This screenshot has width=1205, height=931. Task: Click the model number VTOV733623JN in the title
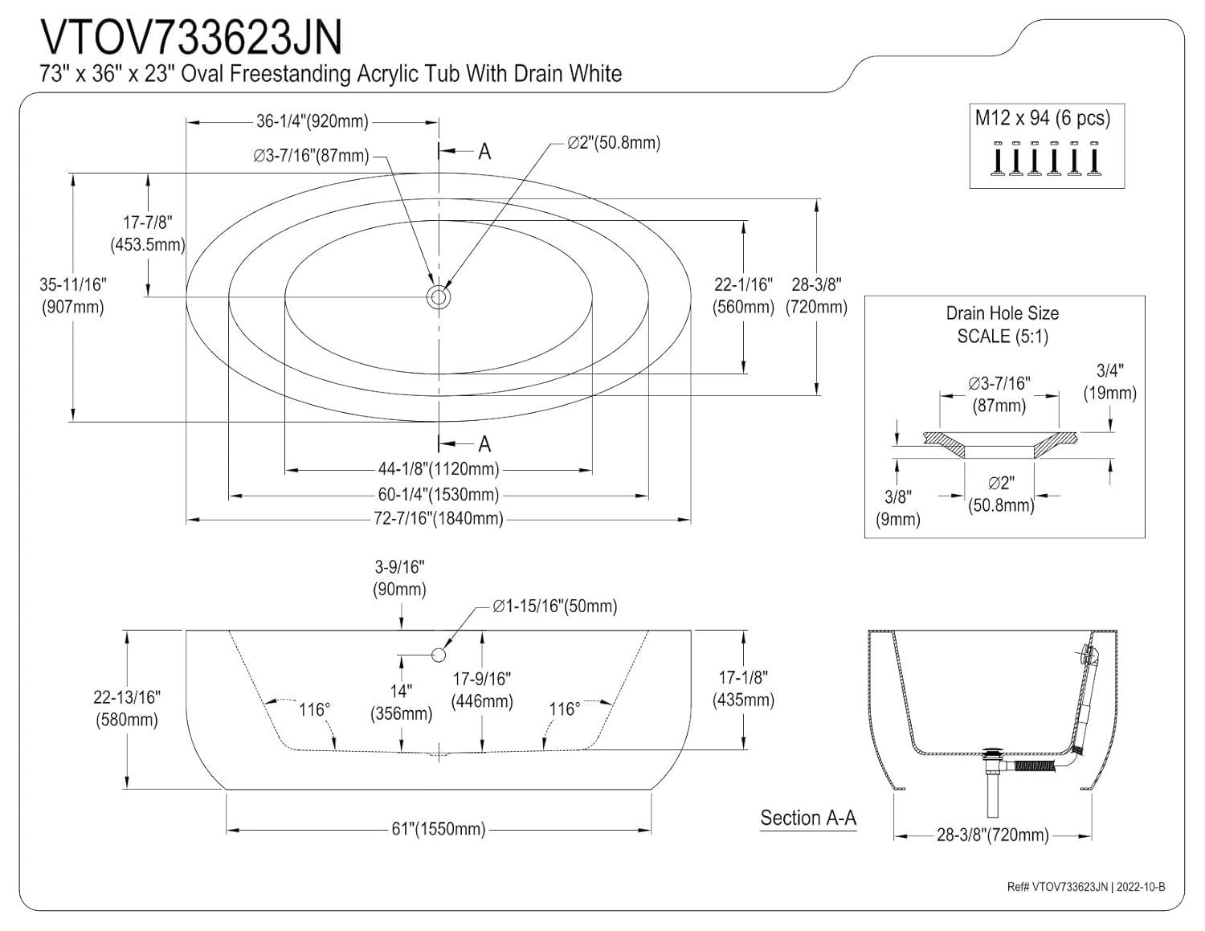pyautogui.click(x=191, y=37)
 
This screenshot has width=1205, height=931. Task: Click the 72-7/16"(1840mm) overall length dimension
pyautogui.click(x=438, y=519)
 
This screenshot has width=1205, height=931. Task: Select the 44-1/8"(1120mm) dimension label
pyautogui.click(x=438, y=469)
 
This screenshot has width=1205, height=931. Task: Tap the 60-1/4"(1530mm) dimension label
pyautogui.click(x=438, y=495)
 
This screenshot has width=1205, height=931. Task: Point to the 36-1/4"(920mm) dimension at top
pyautogui.click(x=312, y=121)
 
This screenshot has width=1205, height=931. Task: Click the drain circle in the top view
pyautogui.click(x=439, y=297)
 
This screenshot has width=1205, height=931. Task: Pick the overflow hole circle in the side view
pyautogui.click(x=439, y=655)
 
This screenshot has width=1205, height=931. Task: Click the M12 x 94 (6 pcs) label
pyautogui.click(x=1042, y=118)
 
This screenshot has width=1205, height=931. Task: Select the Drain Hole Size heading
pyautogui.click(x=1002, y=313)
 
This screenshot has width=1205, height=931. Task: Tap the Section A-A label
pyautogui.click(x=808, y=819)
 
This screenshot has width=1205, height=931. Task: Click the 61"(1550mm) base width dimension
pyautogui.click(x=438, y=829)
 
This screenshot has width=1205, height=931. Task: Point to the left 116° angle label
pyautogui.click(x=314, y=709)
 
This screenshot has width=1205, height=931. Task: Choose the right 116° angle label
pyautogui.click(x=564, y=709)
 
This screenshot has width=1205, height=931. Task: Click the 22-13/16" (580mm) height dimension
pyautogui.click(x=126, y=708)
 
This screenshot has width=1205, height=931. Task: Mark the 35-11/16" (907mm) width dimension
pyautogui.click(x=72, y=296)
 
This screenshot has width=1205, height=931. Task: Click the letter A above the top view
pyautogui.click(x=484, y=151)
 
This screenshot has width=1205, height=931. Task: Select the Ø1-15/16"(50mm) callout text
pyautogui.click(x=554, y=606)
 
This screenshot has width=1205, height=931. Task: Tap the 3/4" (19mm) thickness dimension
pyautogui.click(x=1109, y=382)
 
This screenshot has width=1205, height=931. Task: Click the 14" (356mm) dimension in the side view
pyautogui.click(x=401, y=702)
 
